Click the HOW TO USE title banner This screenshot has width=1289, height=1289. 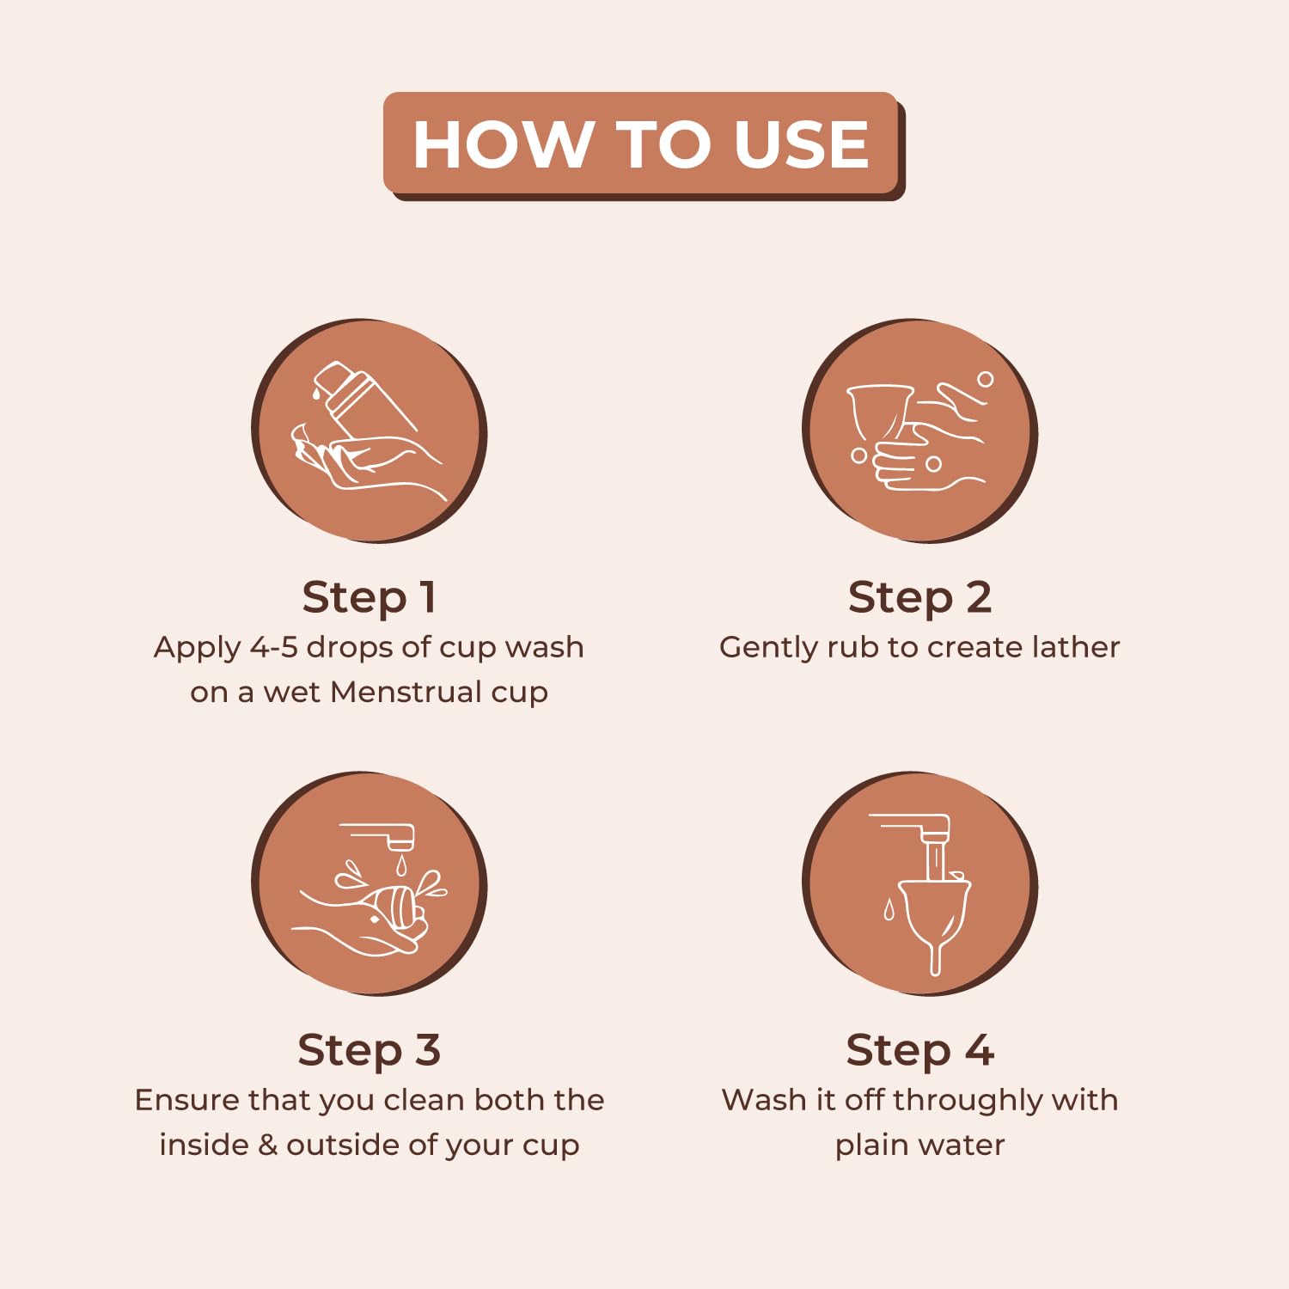point(643,144)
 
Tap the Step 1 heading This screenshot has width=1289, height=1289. point(370,597)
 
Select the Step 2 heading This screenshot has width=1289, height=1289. point(919,597)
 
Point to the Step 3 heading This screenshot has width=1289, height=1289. point(370,1050)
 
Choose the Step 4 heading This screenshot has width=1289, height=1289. point(919,1050)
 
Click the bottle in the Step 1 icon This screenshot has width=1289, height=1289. point(361,400)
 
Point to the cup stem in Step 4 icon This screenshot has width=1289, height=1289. point(936,956)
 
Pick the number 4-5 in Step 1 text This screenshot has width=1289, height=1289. point(273,647)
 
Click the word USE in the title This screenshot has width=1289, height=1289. point(801,144)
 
